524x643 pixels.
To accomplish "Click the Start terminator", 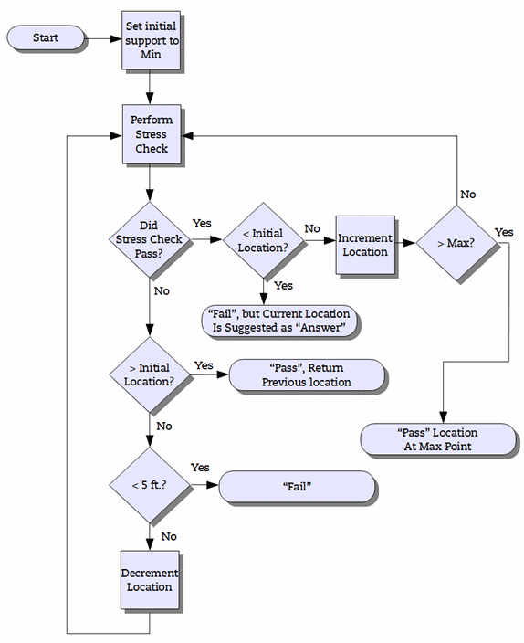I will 45,37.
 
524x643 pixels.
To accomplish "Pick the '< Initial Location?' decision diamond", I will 263,241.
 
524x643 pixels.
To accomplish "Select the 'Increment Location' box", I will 365,244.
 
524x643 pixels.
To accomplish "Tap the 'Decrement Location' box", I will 148,580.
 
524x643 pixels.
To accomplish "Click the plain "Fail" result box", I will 298,486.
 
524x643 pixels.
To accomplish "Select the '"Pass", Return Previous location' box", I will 307,374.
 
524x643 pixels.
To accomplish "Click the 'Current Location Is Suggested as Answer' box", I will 278,321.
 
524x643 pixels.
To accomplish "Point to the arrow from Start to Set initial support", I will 103,38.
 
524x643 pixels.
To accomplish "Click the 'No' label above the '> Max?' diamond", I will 467,195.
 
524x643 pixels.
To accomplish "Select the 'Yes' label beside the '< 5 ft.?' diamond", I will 200,468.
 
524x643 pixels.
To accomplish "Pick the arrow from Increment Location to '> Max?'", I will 406,243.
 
